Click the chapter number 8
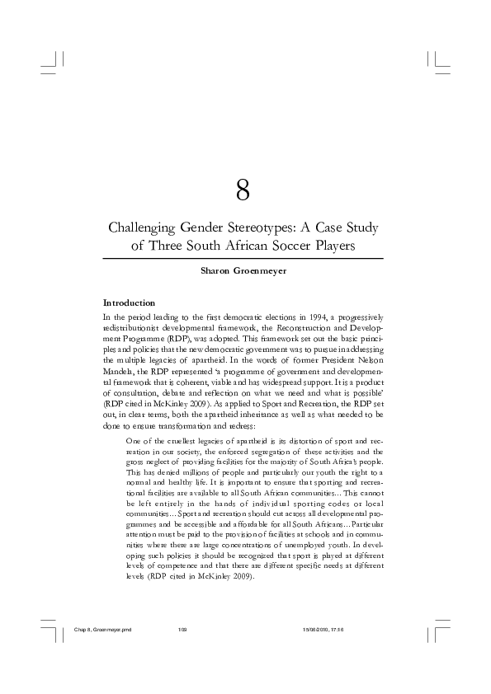tap(243, 191)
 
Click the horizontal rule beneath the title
tap(243, 259)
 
